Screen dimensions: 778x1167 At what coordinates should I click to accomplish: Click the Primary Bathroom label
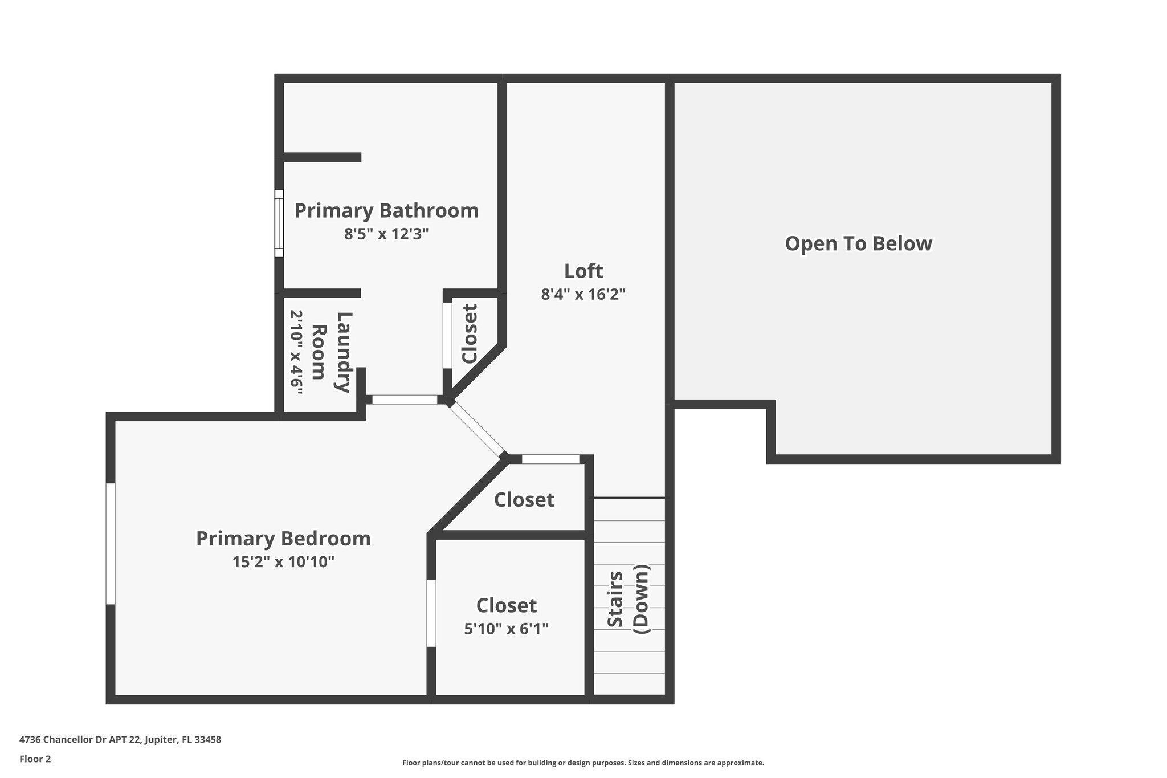386,210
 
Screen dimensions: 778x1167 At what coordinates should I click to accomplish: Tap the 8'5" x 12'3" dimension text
386,234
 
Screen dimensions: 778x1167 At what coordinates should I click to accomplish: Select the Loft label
583,271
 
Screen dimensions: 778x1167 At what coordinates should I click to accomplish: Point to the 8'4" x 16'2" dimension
583,295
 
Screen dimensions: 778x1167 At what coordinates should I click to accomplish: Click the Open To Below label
859,243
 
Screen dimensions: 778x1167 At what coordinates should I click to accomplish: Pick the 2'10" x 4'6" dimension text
296,352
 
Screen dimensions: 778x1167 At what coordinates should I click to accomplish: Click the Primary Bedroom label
283,539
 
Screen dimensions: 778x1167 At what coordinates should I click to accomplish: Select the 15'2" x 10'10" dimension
283,562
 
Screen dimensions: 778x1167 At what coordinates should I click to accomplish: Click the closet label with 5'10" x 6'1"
507,605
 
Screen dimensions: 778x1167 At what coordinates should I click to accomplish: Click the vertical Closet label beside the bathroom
470,333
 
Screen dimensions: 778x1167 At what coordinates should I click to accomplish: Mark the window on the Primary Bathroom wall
279,223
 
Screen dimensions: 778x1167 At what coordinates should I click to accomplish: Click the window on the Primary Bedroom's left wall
111,544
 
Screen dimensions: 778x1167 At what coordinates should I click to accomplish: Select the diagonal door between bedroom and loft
477,429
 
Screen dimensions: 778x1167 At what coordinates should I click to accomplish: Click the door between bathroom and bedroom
405,400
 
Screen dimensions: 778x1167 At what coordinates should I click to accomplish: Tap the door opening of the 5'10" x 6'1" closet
431,613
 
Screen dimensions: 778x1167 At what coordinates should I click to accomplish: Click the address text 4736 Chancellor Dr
120,740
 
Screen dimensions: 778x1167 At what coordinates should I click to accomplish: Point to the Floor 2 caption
35,759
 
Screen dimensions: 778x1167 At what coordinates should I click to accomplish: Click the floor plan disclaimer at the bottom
583,763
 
